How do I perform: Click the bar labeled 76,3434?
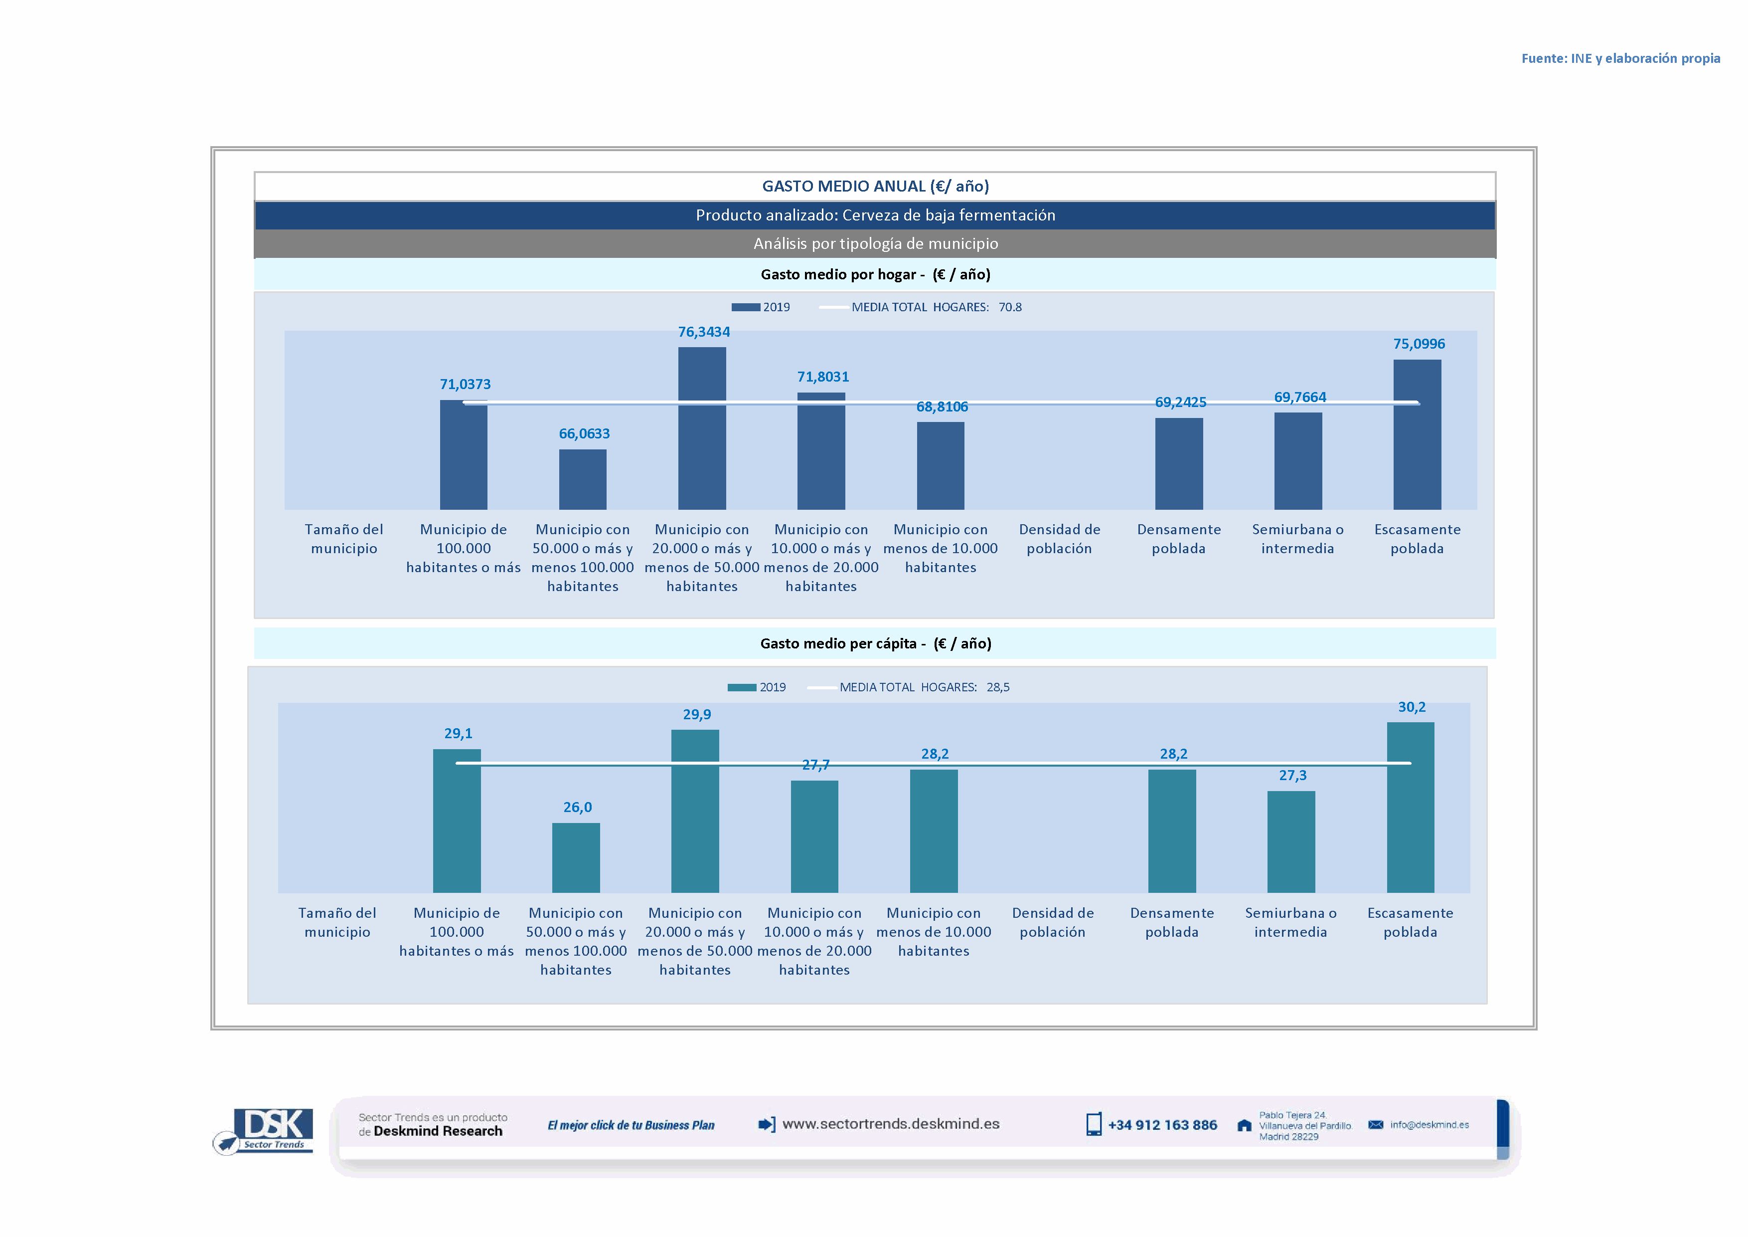point(701,428)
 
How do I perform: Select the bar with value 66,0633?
point(582,479)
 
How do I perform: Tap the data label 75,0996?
point(1419,344)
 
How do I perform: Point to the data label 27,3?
point(1292,776)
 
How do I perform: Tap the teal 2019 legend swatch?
point(742,687)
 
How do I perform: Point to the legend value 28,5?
point(997,687)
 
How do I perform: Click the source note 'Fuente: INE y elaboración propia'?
point(1620,59)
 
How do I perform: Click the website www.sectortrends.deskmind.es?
point(890,1124)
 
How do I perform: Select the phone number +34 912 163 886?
point(1162,1125)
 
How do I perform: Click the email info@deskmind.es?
point(1429,1125)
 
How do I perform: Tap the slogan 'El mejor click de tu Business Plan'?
point(631,1126)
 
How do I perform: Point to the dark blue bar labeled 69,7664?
point(1297,461)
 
